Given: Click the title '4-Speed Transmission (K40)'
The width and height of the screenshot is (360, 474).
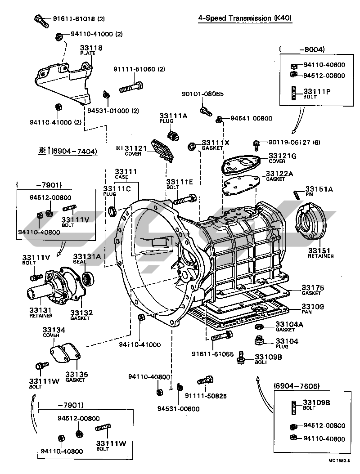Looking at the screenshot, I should [245, 18].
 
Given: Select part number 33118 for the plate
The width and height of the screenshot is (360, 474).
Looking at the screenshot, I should [91, 48].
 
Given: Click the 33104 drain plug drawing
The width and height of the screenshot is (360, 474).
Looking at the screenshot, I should [259, 340].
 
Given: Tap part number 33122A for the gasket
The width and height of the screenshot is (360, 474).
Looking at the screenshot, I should [279, 173].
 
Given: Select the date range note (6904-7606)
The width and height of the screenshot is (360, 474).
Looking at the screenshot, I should [297, 385].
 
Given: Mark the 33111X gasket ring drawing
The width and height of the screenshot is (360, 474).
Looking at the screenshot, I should [192, 146].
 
